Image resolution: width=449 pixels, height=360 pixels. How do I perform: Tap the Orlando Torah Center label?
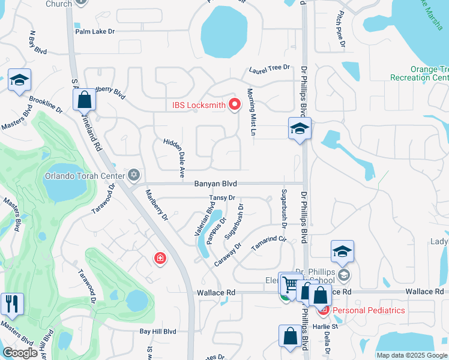[x=84, y=176]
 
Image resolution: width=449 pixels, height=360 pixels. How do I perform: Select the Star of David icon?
[x=134, y=175]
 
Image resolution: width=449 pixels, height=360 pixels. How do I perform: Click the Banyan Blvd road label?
[x=215, y=184]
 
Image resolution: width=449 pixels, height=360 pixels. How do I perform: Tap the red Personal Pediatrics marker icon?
[x=324, y=310]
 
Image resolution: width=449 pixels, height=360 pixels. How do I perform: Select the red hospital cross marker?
[x=160, y=259]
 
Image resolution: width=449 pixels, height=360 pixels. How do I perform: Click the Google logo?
[x=20, y=353]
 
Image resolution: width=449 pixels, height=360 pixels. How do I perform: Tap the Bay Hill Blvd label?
[x=158, y=331]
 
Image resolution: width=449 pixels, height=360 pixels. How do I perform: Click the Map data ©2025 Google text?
[x=412, y=355]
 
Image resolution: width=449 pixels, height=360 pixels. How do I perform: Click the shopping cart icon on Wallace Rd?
[x=291, y=284]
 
